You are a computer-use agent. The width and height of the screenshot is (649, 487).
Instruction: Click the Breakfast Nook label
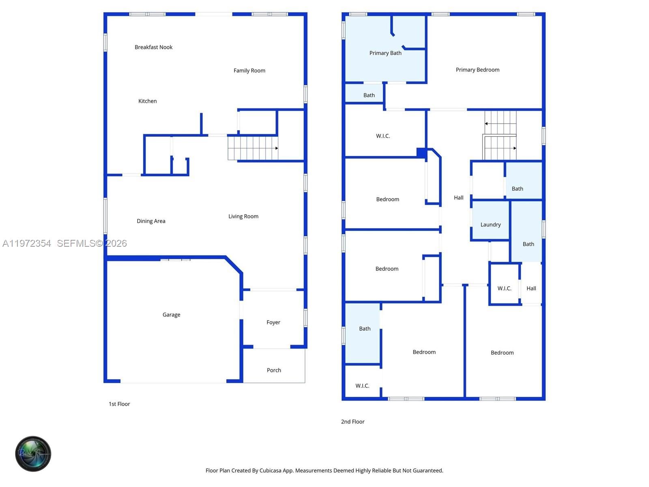(x=153, y=47)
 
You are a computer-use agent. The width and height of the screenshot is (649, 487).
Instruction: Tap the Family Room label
(x=249, y=71)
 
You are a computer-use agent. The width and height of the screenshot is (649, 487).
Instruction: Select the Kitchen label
(x=147, y=101)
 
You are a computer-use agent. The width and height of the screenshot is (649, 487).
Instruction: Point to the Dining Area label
(x=151, y=221)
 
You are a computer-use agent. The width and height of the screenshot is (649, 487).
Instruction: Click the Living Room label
(x=243, y=216)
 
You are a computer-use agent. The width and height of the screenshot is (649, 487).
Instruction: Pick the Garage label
(x=171, y=315)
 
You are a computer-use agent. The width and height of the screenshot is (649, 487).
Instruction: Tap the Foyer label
(x=273, y=322)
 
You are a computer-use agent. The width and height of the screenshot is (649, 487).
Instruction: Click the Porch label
(x=274, y=370)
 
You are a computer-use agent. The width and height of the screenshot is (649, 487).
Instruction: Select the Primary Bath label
(x=385, y=53)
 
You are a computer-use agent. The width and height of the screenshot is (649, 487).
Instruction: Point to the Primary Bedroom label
(x=477, y=70)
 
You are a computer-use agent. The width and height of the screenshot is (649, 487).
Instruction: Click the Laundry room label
(x=490, y=224)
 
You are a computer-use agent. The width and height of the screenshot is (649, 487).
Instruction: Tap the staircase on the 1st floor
(x=253, y=148)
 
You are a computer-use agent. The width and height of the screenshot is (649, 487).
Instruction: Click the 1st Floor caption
(x=119, y=404)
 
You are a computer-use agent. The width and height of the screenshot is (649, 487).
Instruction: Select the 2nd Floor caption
(x=352, y=422)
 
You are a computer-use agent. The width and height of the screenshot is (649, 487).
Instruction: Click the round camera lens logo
(x=33, y=454)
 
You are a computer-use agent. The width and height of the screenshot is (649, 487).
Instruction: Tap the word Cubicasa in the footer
(x=270, y=470)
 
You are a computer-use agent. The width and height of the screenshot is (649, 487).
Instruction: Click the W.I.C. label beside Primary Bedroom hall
(x=383, y=136)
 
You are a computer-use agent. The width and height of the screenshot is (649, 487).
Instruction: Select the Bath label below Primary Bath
(x=369, y=95)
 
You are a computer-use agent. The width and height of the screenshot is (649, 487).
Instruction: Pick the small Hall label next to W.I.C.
(x=531, y=289)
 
